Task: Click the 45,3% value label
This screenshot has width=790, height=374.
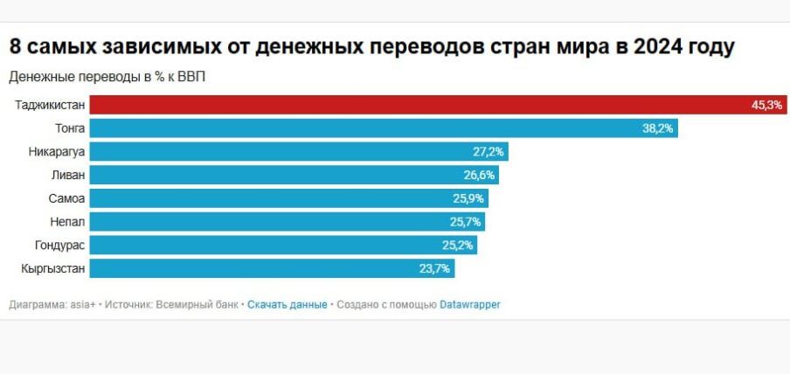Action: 766,105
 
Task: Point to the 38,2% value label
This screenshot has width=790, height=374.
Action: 659,128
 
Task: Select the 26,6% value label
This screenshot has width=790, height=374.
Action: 480,175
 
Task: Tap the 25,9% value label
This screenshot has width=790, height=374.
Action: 468,198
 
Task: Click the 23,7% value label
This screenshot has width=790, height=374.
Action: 434,268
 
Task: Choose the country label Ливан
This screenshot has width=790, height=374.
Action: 68,175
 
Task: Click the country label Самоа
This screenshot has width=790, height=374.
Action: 66,198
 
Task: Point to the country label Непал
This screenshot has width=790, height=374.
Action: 67,222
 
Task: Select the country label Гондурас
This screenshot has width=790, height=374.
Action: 60,246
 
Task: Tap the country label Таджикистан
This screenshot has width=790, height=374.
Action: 50,105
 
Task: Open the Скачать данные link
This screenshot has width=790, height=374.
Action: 287,305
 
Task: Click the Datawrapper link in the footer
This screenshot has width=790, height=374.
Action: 469,305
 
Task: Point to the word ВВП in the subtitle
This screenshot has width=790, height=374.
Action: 192,77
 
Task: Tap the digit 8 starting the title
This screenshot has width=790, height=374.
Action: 15,46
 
